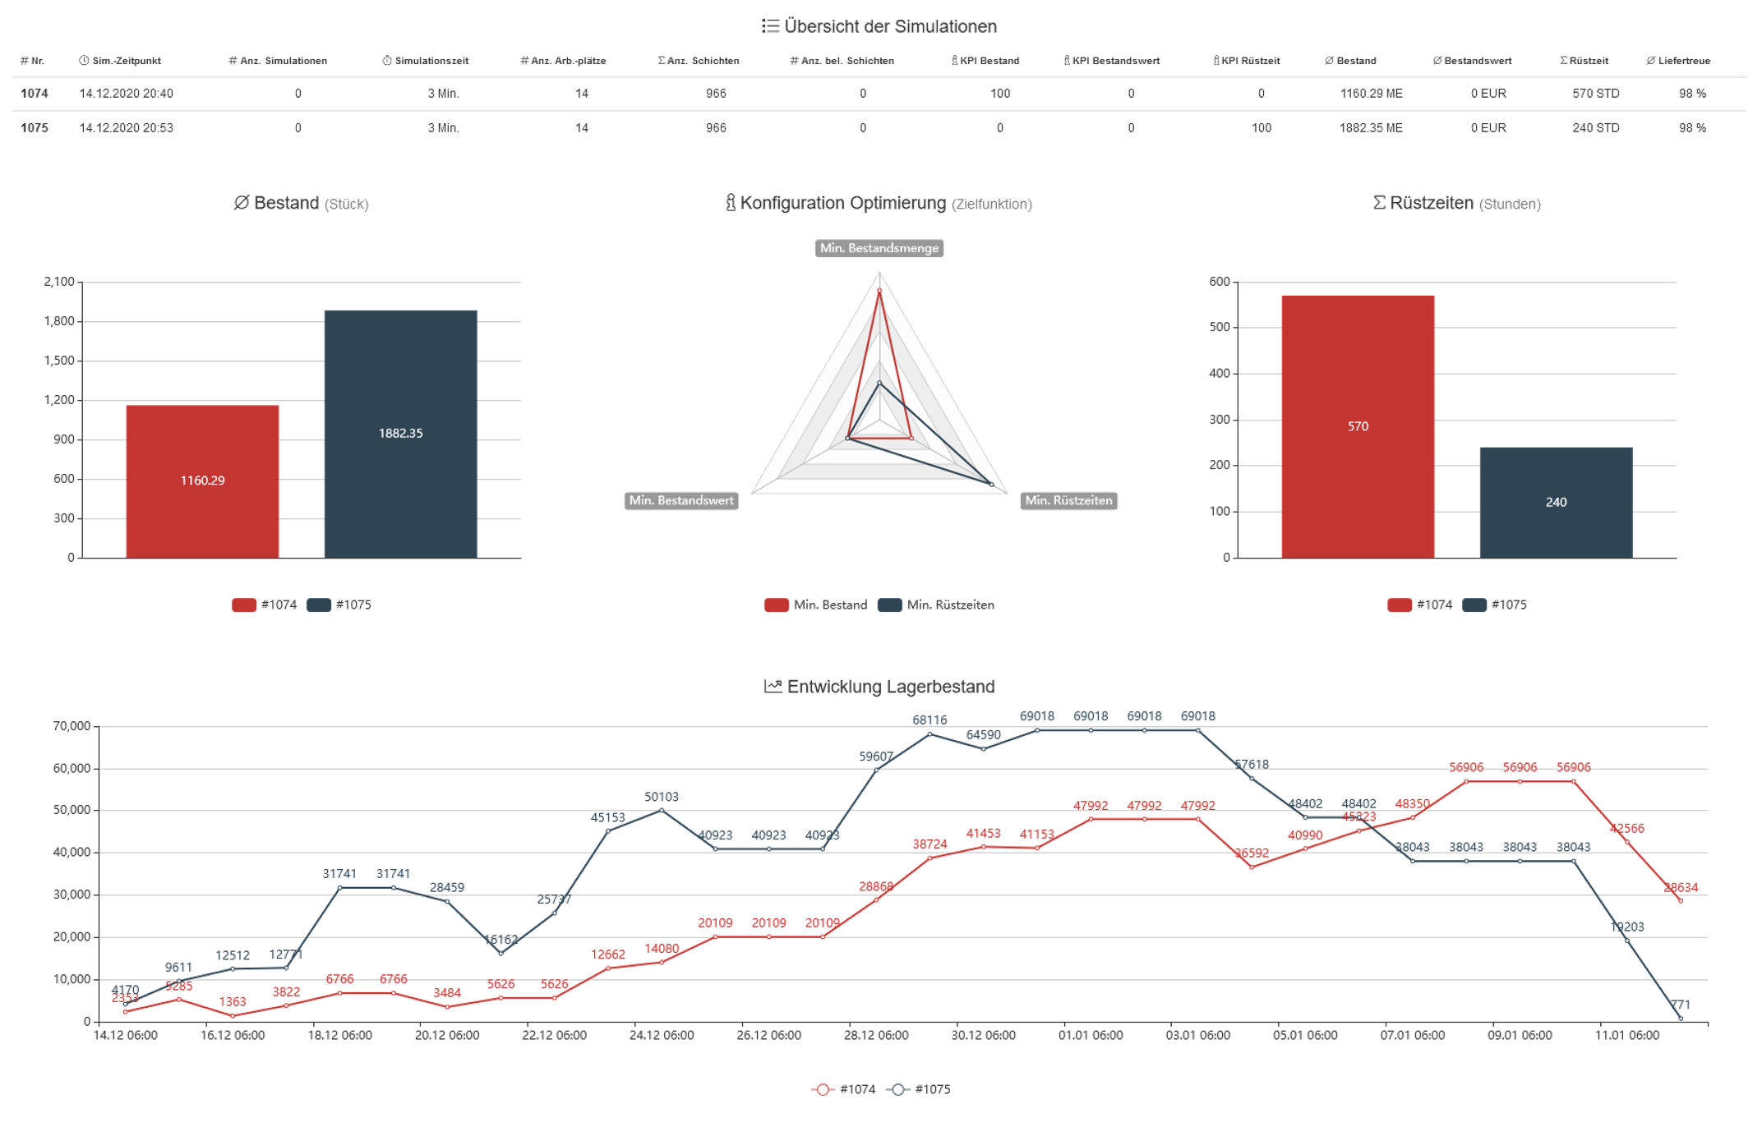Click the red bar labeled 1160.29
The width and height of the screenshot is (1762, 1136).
click(x=202, y=481)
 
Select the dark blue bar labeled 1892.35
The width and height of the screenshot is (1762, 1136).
click(x=400, y=433)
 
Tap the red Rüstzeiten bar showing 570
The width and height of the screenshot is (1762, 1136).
click(x=1358, y=426)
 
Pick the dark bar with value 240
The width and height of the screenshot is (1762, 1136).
click(x=1556, y=502)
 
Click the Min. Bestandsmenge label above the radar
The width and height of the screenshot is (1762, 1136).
click(x=879, y=248)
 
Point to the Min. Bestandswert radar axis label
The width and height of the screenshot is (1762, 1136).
click(x=681, y=501)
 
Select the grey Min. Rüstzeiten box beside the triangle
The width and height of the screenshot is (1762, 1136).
click(x=1068, y=501)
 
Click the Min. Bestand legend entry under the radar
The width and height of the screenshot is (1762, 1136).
click(x=815, y=605)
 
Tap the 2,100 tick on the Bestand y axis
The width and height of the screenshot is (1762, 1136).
click(x=59, y=282)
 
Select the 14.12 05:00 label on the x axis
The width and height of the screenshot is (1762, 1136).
click(x=125, y=1035)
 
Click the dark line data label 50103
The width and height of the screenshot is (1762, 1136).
click(x=662, y=797)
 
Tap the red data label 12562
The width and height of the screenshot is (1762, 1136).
click(x=608, y=954)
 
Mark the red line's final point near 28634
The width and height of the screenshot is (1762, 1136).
click(x=1681, y=901)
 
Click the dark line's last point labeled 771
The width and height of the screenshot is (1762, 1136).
click(x=1681, y=1019)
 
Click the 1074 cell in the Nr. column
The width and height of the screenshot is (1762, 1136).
click(x=35, y=94)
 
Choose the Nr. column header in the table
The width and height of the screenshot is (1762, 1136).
click(x=33, y=61)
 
